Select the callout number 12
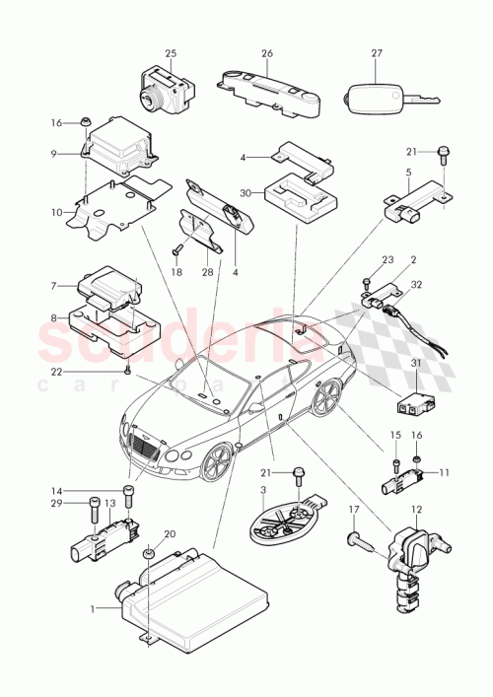[415, 510]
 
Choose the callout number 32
[415, 284]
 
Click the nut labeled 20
[149, 558]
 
